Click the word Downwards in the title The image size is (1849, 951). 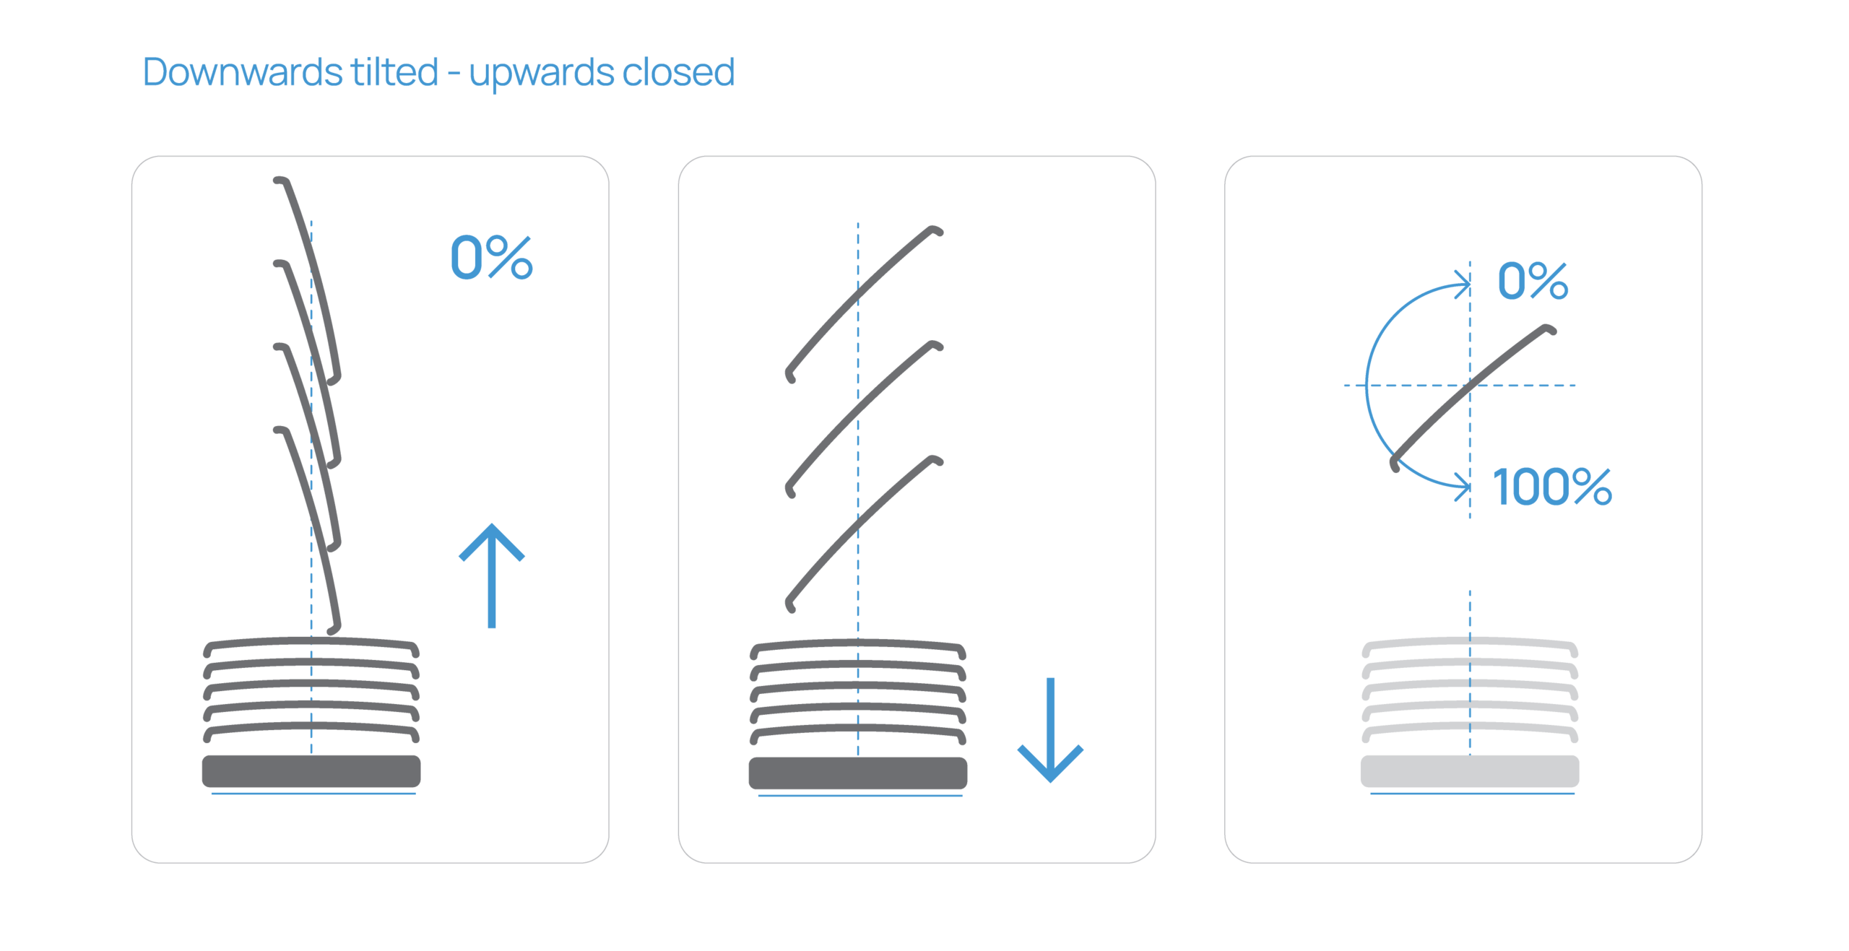click(x=243, y=72)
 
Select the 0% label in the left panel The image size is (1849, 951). click(x=491, y=257)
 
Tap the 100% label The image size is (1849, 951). click(x=1551, y=487)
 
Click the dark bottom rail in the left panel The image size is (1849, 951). click(x=311, y=770)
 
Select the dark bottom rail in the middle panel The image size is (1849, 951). click(x=858, y=773)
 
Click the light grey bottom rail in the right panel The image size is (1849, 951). click(x=1470, y=770)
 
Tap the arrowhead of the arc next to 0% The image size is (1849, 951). click(x=1465, y=284)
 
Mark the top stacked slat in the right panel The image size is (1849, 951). click(x=1470, y=644)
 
